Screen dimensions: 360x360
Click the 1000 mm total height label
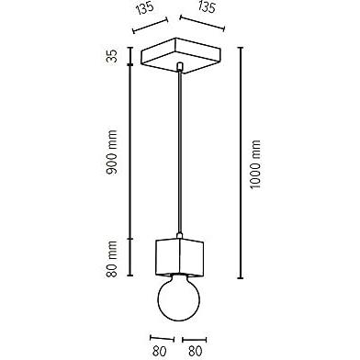coord(255,164)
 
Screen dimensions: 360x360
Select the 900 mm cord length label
coord(112,152)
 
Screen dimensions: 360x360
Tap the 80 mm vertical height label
coord(112,259)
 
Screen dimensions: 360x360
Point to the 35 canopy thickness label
coord(112,56)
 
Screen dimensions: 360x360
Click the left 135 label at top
coord(145,8)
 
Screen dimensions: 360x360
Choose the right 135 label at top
coord(207,7)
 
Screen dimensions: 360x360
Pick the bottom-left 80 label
coord(159,351)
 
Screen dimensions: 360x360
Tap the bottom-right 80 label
coord(196,351)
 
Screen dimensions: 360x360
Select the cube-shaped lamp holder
coord(180,256)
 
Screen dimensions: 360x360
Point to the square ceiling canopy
coord(181,55)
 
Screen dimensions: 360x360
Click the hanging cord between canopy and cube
coord(180,153)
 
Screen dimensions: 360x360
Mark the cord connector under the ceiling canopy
coord(180,66)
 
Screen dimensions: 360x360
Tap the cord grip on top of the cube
coord(180,236)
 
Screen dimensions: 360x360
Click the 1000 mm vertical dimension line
coord(241,163)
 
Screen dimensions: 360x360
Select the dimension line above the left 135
coord(150,25)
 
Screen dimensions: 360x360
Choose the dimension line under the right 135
coord(202,23)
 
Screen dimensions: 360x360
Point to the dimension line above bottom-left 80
coord(162,339)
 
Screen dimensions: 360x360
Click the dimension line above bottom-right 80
coord(195,340)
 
